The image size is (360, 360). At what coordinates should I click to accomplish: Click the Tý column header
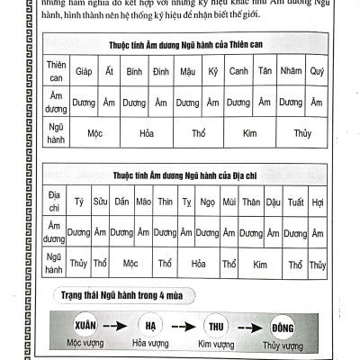[x=78, y=202]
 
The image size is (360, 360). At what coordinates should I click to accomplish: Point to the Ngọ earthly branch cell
[x=208, y=202]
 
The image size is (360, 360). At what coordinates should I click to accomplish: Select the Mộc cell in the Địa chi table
[x=131, y=265]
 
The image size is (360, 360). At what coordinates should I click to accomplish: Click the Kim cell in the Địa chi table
[x=261, y=265]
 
